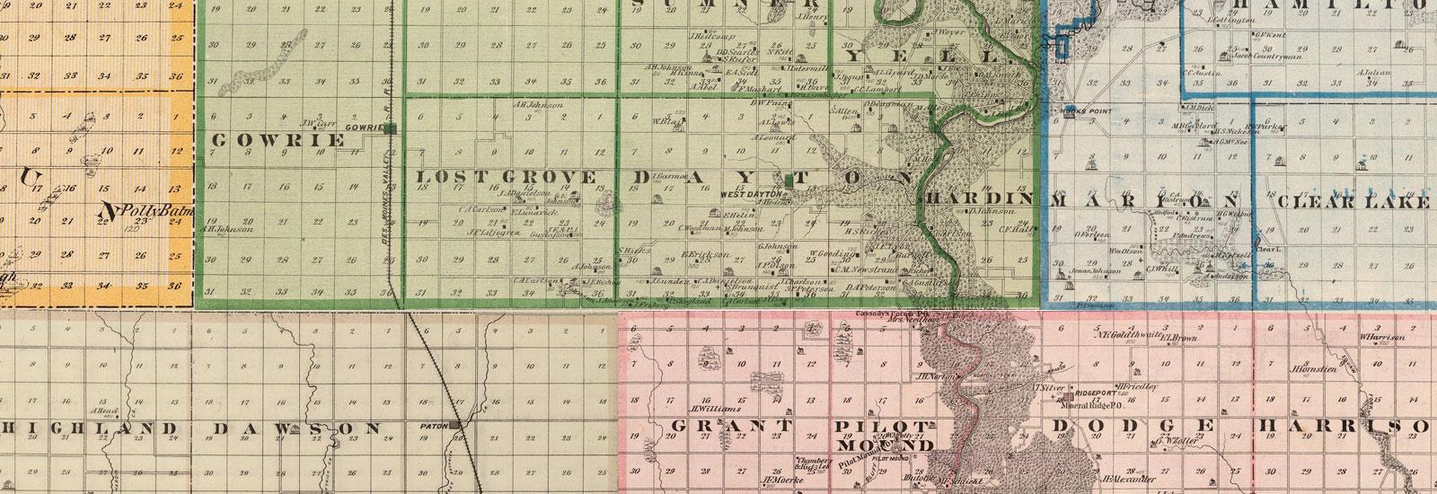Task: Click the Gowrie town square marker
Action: coord(392,128)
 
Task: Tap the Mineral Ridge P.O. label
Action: coord(1059,405)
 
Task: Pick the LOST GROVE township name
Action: coord(506,177)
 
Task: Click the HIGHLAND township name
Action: coord(87,428)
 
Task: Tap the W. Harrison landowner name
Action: coord(1381,338)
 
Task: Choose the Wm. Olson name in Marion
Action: coord(1119,251)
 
